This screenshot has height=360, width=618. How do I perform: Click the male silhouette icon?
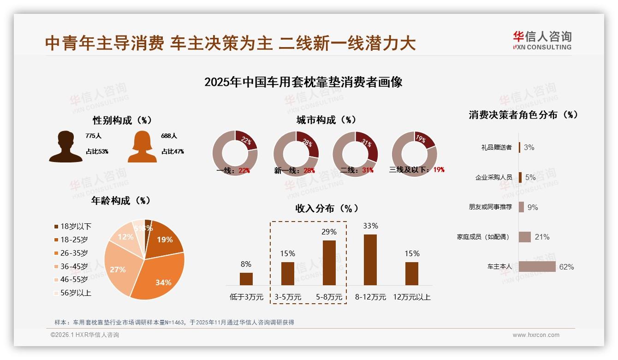tap(65, 147)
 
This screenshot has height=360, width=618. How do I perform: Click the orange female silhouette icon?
tap(142, 147)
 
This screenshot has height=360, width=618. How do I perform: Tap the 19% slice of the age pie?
tap(164, 239)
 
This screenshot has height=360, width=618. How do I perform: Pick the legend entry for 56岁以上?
tap(72, 293)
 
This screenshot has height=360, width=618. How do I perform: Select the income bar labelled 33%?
tap(370, 260)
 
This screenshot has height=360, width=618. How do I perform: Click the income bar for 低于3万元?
tap(246, 279)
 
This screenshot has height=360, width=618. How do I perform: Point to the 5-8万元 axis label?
tap(329, 297)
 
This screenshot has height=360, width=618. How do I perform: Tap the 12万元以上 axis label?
tap(411, 297)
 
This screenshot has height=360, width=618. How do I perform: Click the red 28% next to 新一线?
tap(309, 171)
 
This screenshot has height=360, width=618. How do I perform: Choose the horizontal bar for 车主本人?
tap(537, 267)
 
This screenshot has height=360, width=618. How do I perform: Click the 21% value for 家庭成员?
tap(542, 237)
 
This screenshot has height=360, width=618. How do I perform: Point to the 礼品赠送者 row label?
tap(496, 148)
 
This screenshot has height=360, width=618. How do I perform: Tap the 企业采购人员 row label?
tap(493, 177)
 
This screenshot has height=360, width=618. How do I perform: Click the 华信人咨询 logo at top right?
tap(542, 40)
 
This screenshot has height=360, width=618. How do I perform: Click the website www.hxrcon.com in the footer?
tap(536, 335)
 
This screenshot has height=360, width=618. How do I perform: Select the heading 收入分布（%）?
tap(327, 208)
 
